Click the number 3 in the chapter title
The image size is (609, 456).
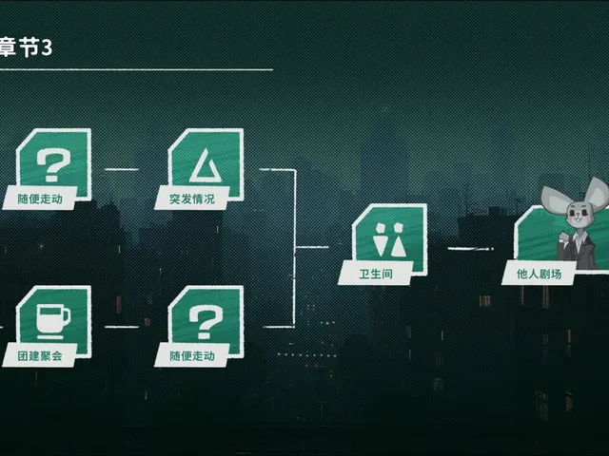click(47, 48)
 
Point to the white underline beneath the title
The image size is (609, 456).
click(136, 69)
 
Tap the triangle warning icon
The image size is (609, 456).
click(206, 166)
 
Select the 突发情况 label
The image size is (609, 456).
click(192, 199)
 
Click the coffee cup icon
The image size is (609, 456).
click(53, 321)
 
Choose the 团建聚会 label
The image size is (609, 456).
click(40, 356)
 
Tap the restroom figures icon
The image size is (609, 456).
click(389, 240)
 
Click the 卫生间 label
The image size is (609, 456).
click(376, 275)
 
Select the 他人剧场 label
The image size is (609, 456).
click(539, 275)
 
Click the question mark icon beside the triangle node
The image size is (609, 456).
click(53, 165)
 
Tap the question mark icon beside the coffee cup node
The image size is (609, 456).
click(206, 322)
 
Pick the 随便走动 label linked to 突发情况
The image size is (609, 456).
click(40, 199)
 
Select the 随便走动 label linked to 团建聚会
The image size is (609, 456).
click(192, 356)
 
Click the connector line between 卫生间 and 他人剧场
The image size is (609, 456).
click(470, 249)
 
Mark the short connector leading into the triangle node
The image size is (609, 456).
click(122, 169)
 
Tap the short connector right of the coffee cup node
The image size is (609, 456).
click(122, 327)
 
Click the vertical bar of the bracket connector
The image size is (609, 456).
click(294, 248)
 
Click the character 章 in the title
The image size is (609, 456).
click(8, 47)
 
